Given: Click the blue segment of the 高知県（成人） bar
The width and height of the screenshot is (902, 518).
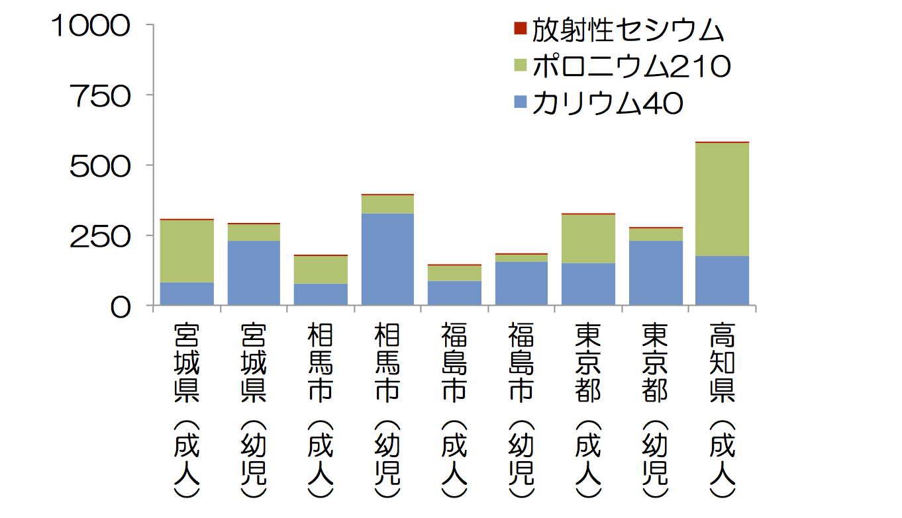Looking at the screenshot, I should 722,281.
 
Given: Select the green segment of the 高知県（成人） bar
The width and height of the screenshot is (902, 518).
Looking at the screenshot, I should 722,199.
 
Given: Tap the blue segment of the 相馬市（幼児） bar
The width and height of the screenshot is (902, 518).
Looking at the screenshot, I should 387,259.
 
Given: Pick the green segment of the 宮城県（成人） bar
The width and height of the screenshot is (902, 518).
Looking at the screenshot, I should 187,251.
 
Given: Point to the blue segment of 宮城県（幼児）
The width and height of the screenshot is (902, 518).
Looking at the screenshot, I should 254,273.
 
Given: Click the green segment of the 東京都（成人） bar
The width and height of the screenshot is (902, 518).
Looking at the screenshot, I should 588,239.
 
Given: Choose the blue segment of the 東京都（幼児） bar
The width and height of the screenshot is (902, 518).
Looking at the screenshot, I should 656,273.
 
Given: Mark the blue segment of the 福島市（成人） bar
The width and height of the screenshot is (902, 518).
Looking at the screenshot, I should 454,293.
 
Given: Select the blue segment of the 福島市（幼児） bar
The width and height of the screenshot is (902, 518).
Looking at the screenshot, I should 521,283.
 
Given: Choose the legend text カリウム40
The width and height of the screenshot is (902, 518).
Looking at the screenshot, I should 607,103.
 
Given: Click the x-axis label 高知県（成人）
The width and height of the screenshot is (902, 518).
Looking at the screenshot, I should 722,410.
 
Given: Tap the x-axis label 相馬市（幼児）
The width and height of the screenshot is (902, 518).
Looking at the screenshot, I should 387,410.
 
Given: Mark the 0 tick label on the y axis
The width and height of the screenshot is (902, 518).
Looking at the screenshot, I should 121,307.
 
